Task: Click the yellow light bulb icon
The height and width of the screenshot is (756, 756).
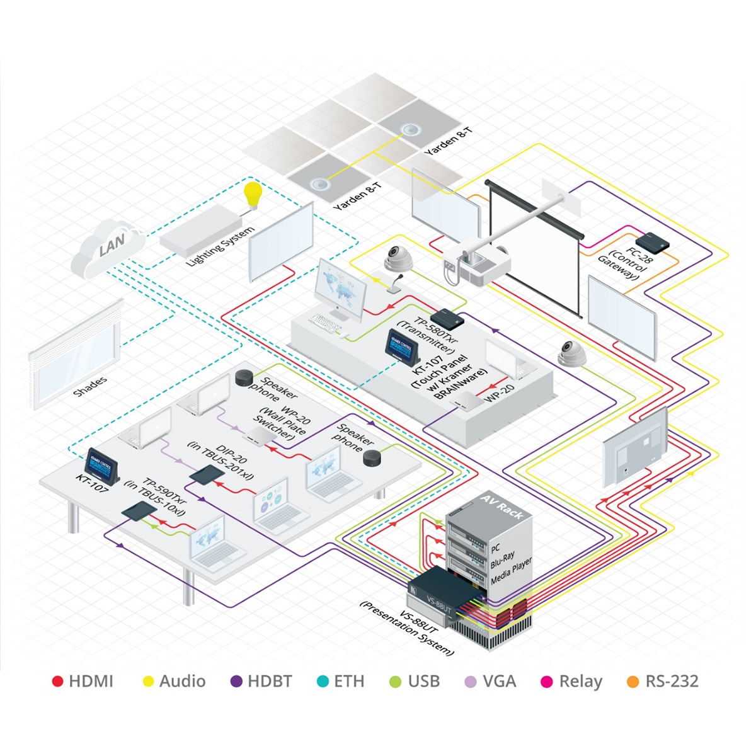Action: pyautogui.click(x=253, y=194)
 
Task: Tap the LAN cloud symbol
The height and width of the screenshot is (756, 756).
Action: pyautogui.click(x=108, y=248)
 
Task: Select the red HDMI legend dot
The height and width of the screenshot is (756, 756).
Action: pyautogui.click(x=58, y=681)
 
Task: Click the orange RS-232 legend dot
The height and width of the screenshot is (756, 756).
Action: pyautogui.click(x=634, y=681)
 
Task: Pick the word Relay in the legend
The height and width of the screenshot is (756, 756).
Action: pyautogui.click(x=580, y=681)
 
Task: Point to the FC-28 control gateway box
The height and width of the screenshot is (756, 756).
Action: pyautogui.click(x=652, y=241)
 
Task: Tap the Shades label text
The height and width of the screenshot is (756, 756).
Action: pyautogui.click(x=91, y=386)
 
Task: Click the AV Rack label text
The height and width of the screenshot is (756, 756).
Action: pyautogui.click(x=501, y=506)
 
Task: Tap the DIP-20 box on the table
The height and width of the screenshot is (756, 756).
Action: pyautogui.click(x=205, y=475)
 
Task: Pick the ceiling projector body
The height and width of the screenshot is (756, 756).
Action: pyautogui.click(x=479, y=263)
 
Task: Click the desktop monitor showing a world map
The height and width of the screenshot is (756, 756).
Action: pyautogui.click(x=341, y=287)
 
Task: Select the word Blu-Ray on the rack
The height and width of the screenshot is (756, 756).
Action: pyautogui.click(x=502, y=560)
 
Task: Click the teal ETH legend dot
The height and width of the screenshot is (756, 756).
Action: pyautogui.click(x=323, y=681)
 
